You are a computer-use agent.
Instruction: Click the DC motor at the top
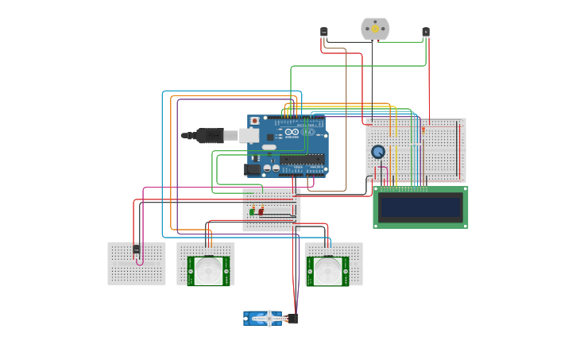click(375, 29)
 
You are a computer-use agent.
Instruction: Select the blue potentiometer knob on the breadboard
click(378, 152)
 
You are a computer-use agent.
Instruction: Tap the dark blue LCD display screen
click(420, 207)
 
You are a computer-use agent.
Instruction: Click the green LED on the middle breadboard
click(253, 211)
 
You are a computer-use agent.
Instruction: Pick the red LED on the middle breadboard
click(261, 211)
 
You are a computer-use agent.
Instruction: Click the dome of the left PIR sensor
click(209, 271)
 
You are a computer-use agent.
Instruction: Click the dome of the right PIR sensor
click(327, 271)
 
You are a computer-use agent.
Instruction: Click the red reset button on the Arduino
click(255, 122)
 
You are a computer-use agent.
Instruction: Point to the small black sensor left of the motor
click(324, 32)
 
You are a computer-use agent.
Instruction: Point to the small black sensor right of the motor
click(426, 32)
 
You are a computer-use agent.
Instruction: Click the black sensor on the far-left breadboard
click(137, 250)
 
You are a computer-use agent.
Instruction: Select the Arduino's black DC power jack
click(252, 169)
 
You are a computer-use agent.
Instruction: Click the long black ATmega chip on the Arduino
click(302, 160)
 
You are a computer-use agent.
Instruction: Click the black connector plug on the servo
click(292, 319)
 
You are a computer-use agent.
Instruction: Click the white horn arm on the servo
click(269, 319)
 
